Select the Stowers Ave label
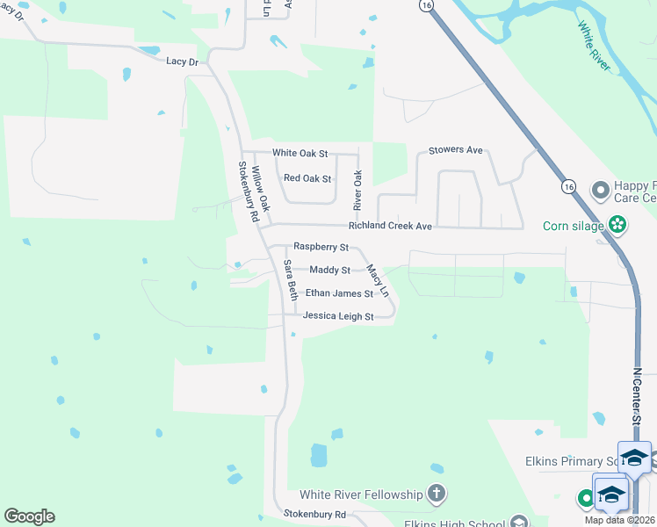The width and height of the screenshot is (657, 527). point(456,151)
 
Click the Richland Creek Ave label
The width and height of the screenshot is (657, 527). point(390,227)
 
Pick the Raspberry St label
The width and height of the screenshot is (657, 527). point(321,247)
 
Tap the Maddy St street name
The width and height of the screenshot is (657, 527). point(329,271)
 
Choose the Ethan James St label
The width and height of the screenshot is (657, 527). point(339,293)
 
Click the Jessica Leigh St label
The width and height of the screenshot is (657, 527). point(338,316)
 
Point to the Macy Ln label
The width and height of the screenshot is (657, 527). point(378,280)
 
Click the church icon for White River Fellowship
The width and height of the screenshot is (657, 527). point(436,494)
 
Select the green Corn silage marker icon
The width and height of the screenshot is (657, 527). point(618,225)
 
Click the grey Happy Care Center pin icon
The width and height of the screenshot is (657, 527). point(601,190)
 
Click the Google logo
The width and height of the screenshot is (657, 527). point(29,516)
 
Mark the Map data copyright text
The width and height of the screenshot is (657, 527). point(620,520)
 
